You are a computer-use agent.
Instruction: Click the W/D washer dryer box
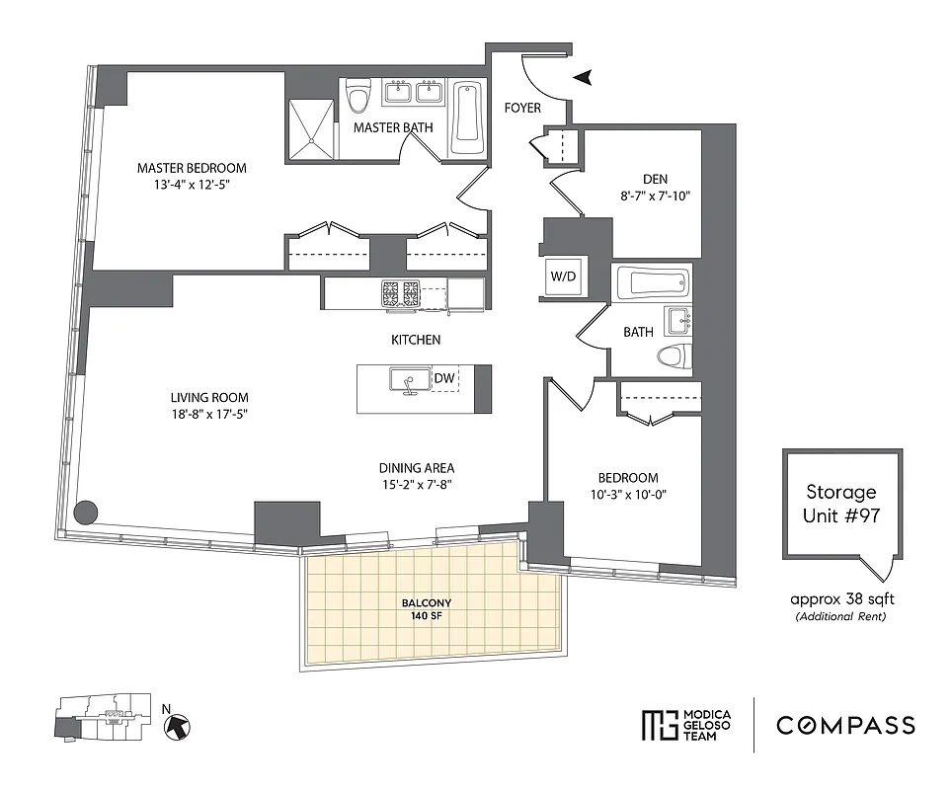pos(563,276)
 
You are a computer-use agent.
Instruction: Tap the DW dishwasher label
pos(444,377)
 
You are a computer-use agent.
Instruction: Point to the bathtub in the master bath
pos(467,119)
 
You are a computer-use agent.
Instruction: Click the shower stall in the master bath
pos(311,130)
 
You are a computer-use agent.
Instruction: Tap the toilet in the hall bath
pos(674,356)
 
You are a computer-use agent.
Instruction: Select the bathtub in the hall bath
pos(651,284)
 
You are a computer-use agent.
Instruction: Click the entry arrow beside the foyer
pos(584,77)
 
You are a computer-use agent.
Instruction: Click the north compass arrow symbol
pos(177,726)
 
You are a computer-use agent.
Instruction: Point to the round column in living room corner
pos(87,512)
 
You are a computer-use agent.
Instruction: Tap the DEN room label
pos(655,179)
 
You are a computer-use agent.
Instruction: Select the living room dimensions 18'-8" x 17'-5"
pos(207,415)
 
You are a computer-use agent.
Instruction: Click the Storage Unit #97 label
pos(840,502)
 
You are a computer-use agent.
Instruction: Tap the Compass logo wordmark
pos(844,726)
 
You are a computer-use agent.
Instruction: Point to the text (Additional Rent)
pos(841,616)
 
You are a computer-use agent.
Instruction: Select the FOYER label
pos(522,108)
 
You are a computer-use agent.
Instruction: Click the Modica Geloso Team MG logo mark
pos(656,726)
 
